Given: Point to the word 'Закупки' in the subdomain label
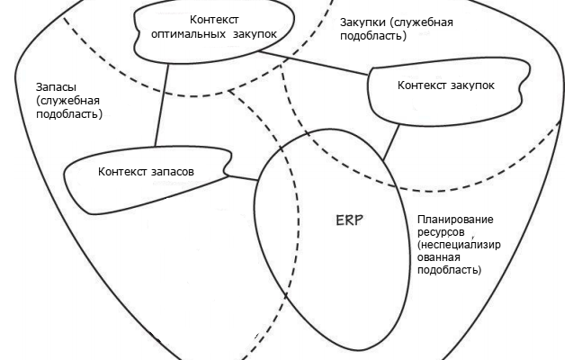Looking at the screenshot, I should pyautogui.click(x=363, y=22).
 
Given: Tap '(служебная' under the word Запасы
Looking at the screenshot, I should pyautogui.click(x=67, y=101).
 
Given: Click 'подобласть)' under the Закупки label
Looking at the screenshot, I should pyautogui.click(x=372, y=36).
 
